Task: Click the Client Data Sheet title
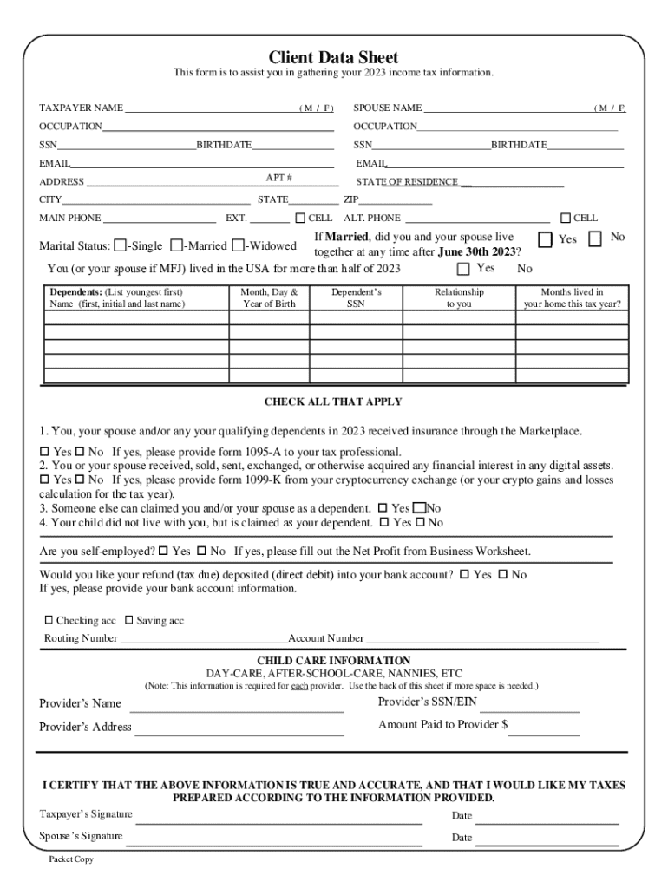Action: pyautogui.click(x=333, y=57)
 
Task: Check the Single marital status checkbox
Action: pyautogui.click(x=120, y=245)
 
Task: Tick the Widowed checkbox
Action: pyautogui.click(x=238, y=245)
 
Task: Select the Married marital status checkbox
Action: pyautogui.click(x=176, y=245)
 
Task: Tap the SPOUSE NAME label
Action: pyautogui.click(x=387, y=108)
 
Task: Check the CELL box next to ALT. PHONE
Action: pyautogui.click(x=566, y=218)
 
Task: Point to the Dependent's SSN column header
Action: pyautogui.click(x=356, y=298)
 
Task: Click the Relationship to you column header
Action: pyautogui.click(x=459, y=298)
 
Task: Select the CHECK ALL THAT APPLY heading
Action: pyautogui.click(x=333, y=402)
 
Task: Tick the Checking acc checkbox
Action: pyautogui.click(x=49, y=621)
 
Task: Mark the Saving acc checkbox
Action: pyautogui.click(x=128, y=621)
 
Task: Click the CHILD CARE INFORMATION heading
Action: pyautogui.click(x=333, y=661)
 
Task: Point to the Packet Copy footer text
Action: pyautogui.click(x=71, y=859)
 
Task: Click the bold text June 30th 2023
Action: pyautogui.click(x=477, y=251)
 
